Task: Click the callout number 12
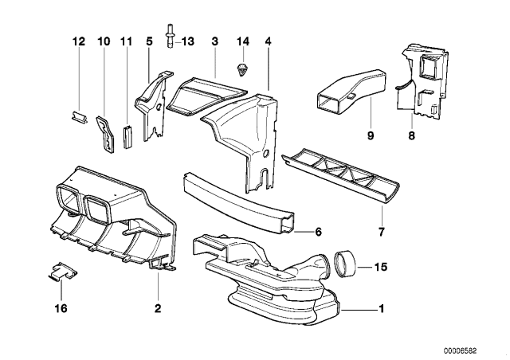coord(77,41)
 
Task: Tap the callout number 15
coord(380,268)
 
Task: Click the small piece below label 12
coord(76,117)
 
